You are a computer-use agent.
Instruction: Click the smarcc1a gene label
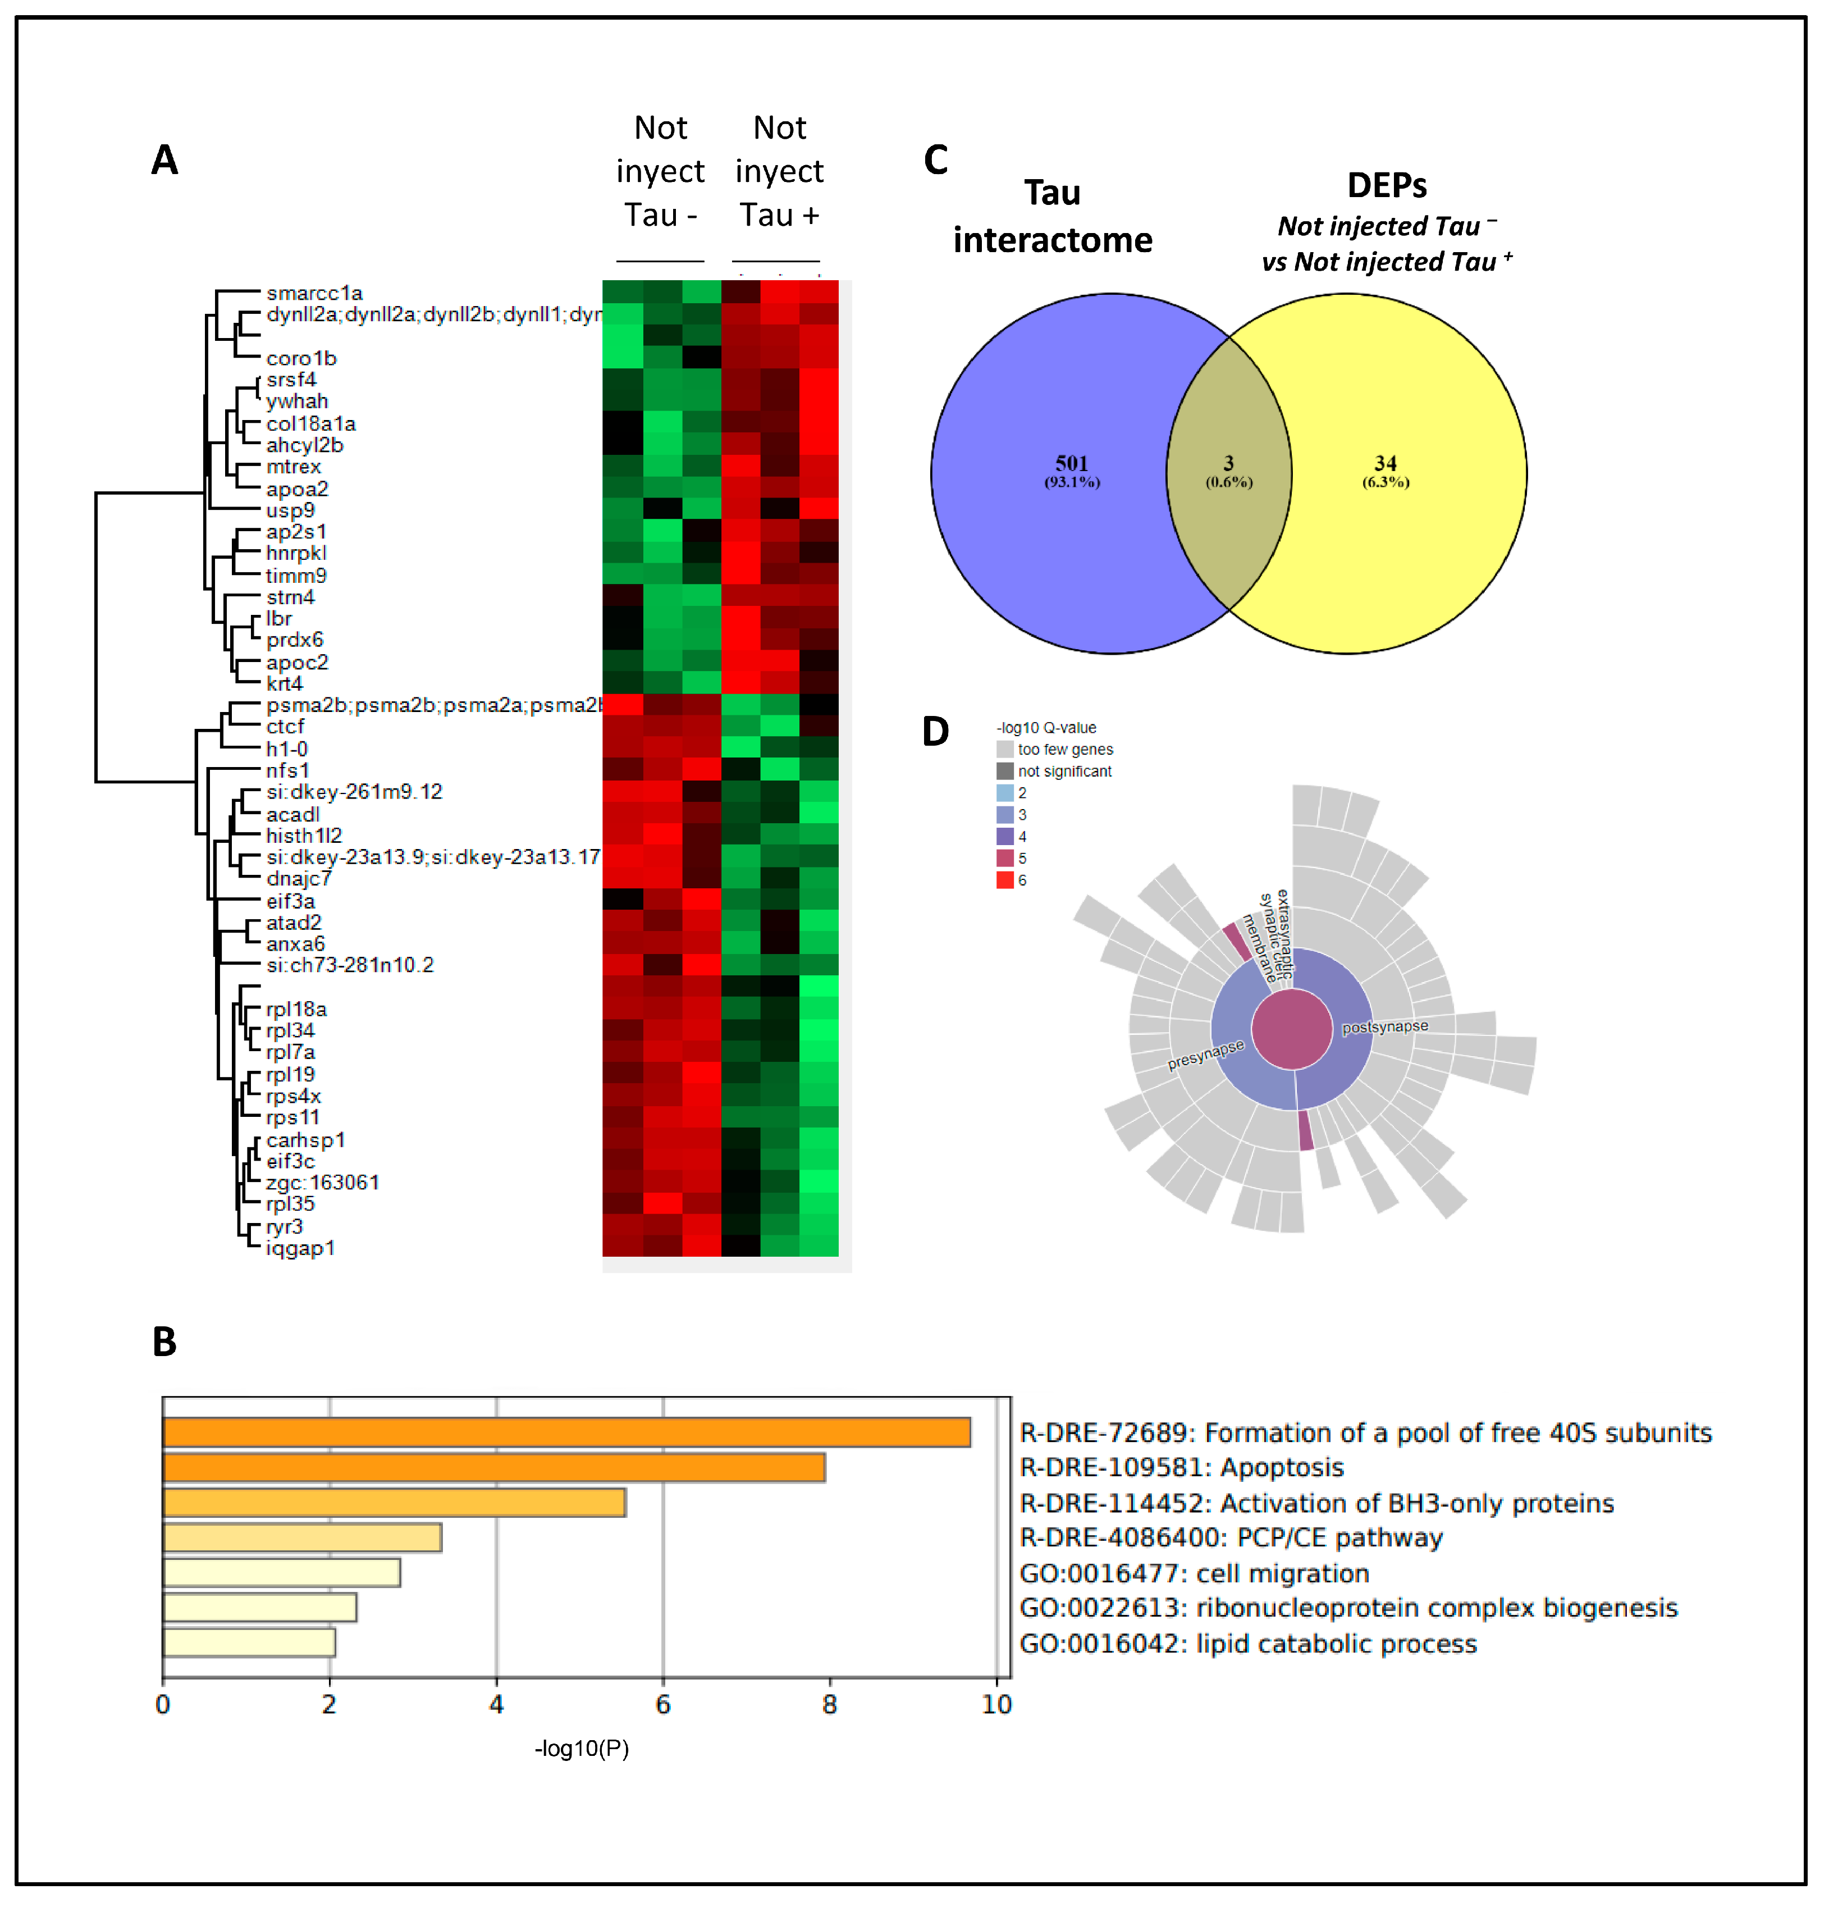point(314,293)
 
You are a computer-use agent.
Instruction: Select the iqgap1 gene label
point(300,1248)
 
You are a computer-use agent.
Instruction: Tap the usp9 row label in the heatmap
point(291,510)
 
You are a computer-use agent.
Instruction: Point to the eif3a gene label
point(291,900)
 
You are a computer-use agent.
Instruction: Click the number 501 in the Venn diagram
point(1072,463)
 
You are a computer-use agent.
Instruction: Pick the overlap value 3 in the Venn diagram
point(1228,463)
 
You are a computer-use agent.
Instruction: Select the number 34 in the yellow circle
point(1386,463)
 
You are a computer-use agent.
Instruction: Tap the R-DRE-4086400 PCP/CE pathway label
point(1231,1539)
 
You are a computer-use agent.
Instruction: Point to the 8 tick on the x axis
point(830,1704)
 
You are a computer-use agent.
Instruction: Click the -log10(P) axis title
point(582,1748)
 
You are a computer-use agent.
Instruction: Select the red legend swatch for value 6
point(1004,880)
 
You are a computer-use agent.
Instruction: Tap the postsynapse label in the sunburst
point(1384,1027)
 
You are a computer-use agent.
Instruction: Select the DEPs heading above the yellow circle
point(1387,185)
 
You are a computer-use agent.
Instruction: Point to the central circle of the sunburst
point(1291,1029)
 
